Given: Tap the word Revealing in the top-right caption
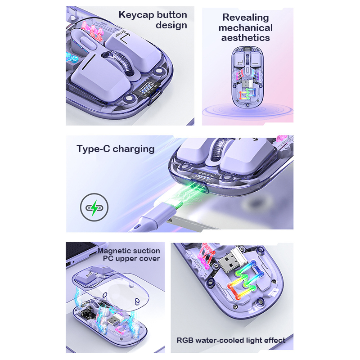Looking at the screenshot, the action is coord(246,18).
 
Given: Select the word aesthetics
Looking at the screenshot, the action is coord(245,38).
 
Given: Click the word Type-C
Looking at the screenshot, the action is coord(93,149).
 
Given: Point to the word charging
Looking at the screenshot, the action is coord(134,149).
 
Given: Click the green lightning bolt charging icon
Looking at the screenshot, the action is coord(94,207).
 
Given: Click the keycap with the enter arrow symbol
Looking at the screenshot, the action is coord(133,52).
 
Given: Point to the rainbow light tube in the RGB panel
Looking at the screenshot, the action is coord(245,280).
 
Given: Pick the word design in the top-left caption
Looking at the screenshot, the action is coord(171,26).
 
